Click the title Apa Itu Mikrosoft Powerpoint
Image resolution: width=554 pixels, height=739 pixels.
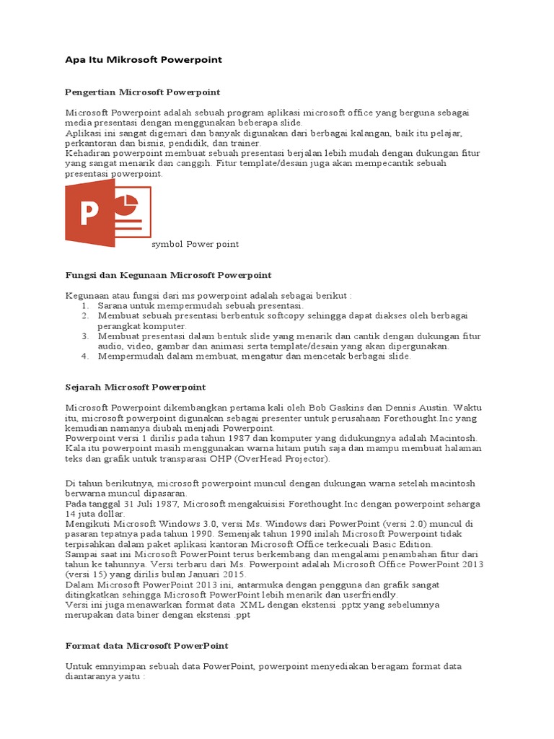[x=144, y=60]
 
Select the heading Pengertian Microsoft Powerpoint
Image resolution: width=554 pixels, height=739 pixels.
[x=142, y=92]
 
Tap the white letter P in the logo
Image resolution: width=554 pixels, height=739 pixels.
[x=90, y=214]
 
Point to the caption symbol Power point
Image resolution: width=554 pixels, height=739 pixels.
[x=195, y=244]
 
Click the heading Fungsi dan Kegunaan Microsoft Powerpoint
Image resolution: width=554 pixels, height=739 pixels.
[x=168, y=275]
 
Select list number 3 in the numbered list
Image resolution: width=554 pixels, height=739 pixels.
[x=84, y=336]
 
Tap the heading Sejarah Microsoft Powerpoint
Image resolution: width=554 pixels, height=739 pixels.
[x=136, y=387]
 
